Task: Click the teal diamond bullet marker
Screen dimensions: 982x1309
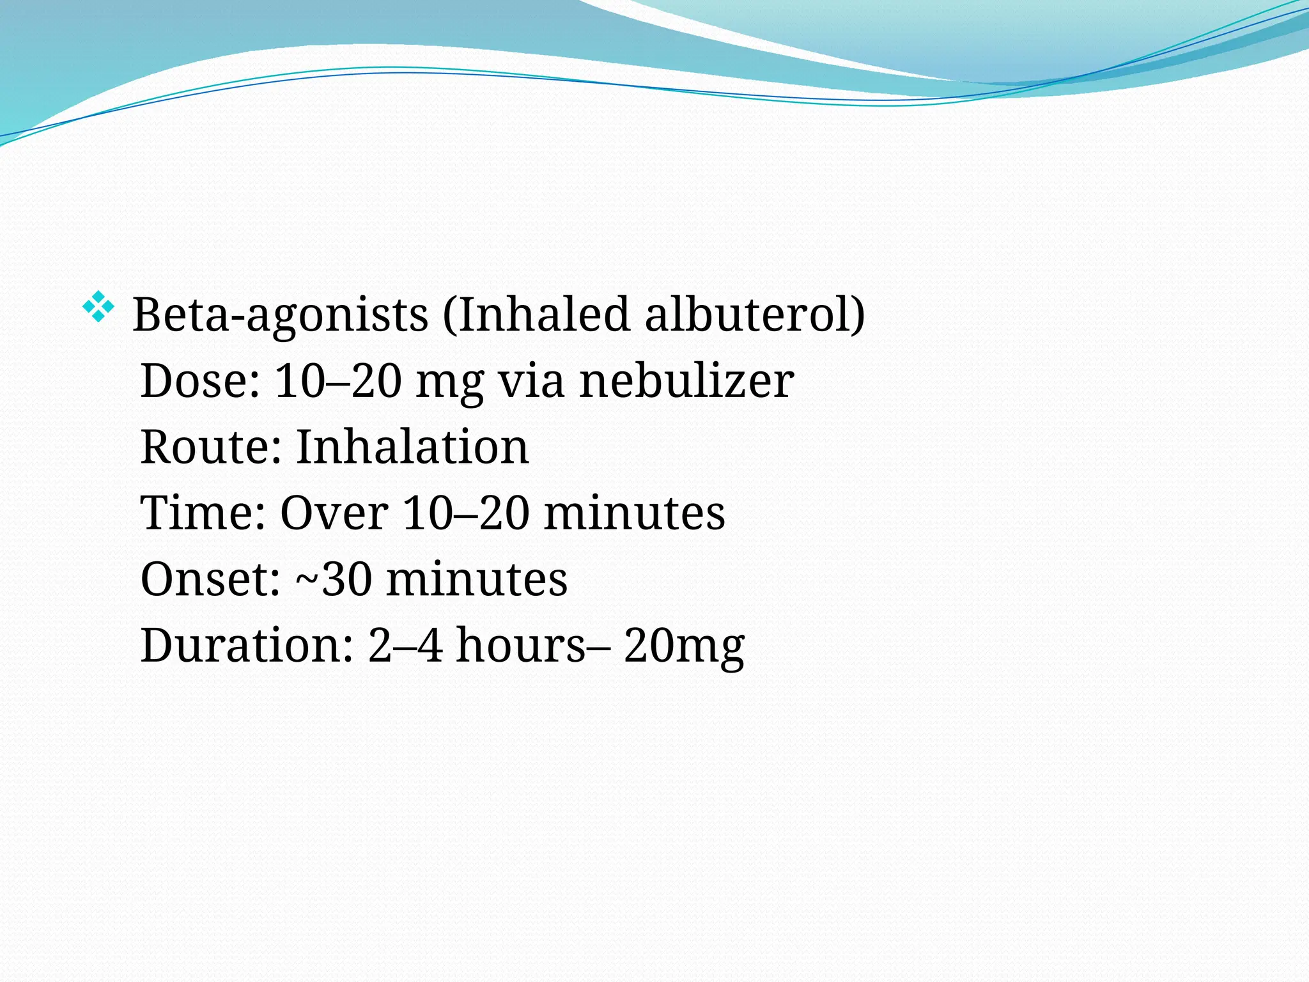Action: pyautogui.click(x=98, y=307)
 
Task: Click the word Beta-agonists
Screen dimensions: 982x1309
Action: pyautogui.click(x=280, y=315)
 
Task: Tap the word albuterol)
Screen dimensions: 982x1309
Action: pyautogui.click(x=754, y=315)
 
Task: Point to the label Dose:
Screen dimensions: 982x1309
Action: pyautogui.click(x=200, y=381)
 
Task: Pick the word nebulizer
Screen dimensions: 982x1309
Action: pyautogui.click(x=686, y=381)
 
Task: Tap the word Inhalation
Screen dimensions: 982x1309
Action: pyautogui.click(x=412, y=447)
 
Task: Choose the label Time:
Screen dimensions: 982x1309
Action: pyautogui.click(x=203, y=513)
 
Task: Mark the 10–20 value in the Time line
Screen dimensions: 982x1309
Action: pyautogui.click(x=466, y=513)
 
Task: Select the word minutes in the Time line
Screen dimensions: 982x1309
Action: pyautogui.click(x=634, y=513)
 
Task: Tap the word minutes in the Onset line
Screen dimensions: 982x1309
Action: pyautogui.click(x=477, y=579)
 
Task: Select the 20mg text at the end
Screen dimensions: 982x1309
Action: pyautogui.click(x=684, y=646)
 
